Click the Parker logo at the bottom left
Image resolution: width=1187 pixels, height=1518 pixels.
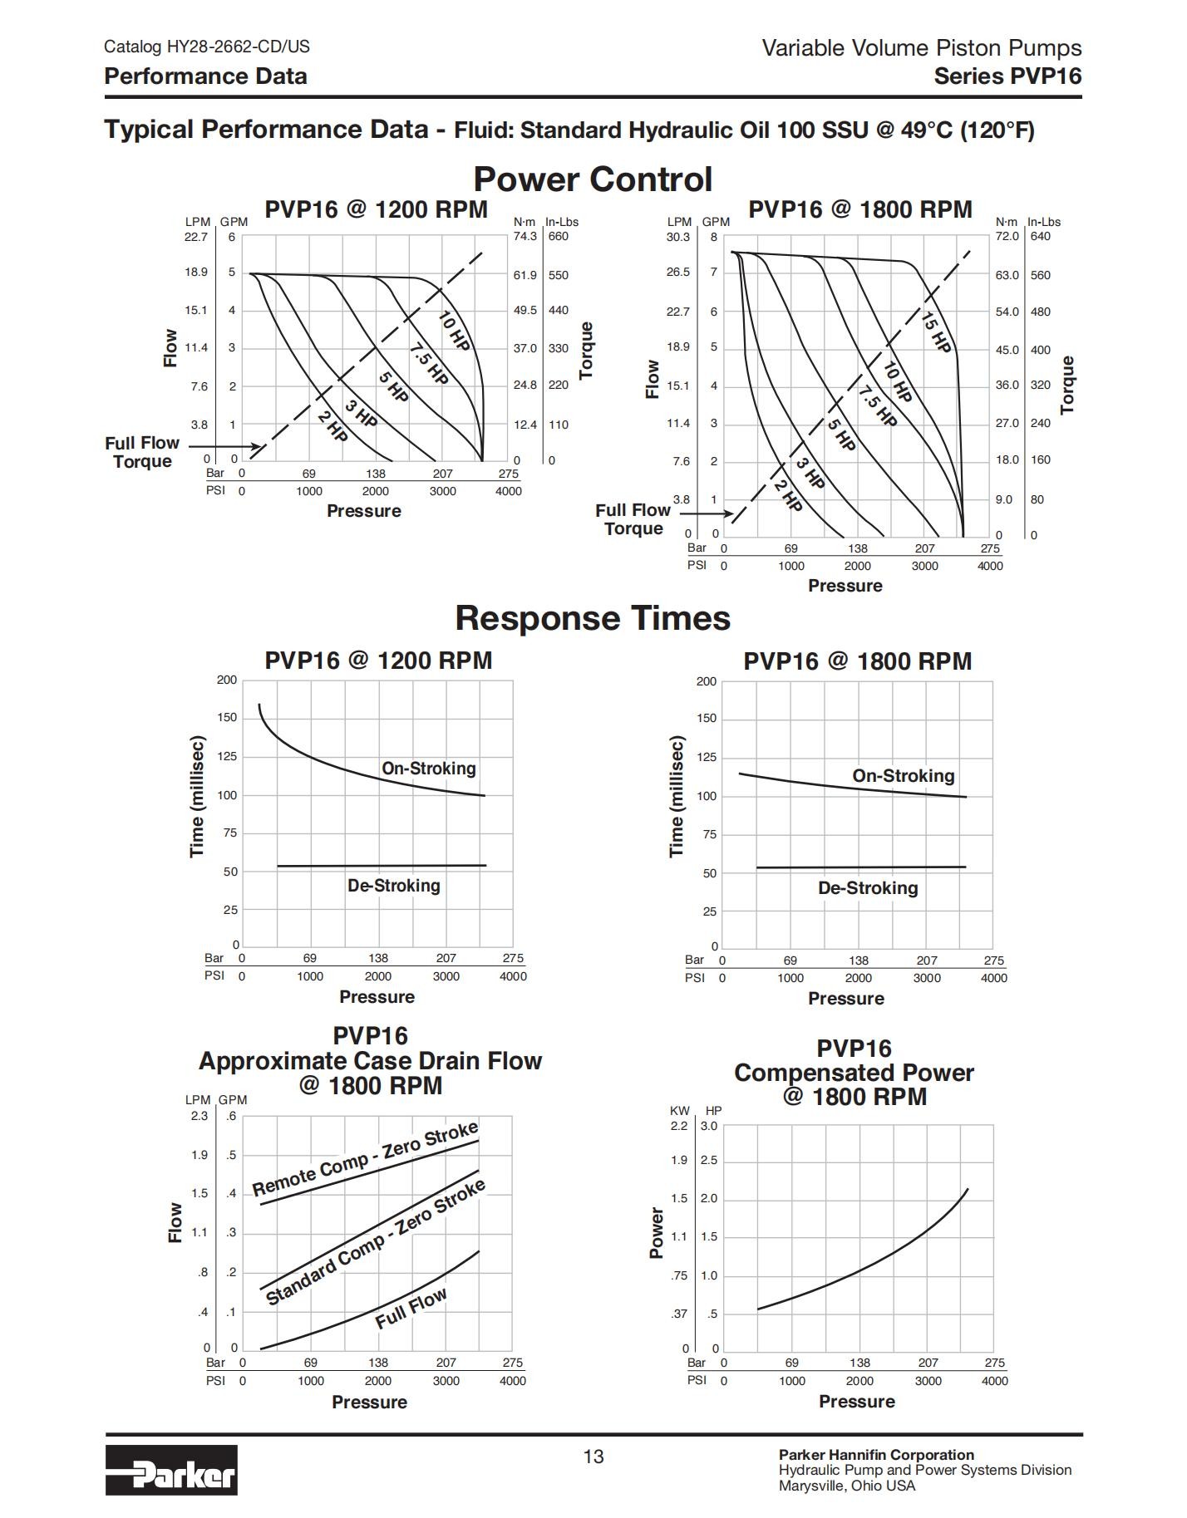(x=171, y=1470)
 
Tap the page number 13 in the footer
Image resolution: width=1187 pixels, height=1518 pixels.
(x=593, y=1457)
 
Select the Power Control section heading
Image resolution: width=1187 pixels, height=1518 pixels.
(x=593, y=179)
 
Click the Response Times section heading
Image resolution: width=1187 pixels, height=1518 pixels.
(x=593, y=618)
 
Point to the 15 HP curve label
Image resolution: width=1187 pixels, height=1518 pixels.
(x=936, y=331)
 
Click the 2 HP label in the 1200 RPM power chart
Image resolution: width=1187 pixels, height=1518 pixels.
(x=332, y=426)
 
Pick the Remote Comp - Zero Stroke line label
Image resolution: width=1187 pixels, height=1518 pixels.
(x=366, y=1158)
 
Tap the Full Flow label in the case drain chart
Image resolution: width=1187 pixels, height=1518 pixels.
(x=411, y=1309)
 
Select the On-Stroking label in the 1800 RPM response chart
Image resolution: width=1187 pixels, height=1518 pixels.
(x=904, y=776)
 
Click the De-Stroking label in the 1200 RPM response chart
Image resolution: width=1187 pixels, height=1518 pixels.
(x=394, y=886)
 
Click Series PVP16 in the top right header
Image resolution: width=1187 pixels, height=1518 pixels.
(x=1007, y=76)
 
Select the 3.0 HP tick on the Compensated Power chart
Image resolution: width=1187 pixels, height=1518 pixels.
(x=708, y=1127)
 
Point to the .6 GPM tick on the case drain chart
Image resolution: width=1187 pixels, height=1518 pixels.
(x=232, y=1116)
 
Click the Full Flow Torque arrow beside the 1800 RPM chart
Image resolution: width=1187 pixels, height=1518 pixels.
(x=705, y=513)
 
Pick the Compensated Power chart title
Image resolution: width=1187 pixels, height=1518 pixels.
(x=854, y=1073)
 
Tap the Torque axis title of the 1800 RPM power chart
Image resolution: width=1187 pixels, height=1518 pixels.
(x=1068, y=385)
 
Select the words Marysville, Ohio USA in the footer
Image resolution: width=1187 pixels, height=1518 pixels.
(x=847, y=1486)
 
